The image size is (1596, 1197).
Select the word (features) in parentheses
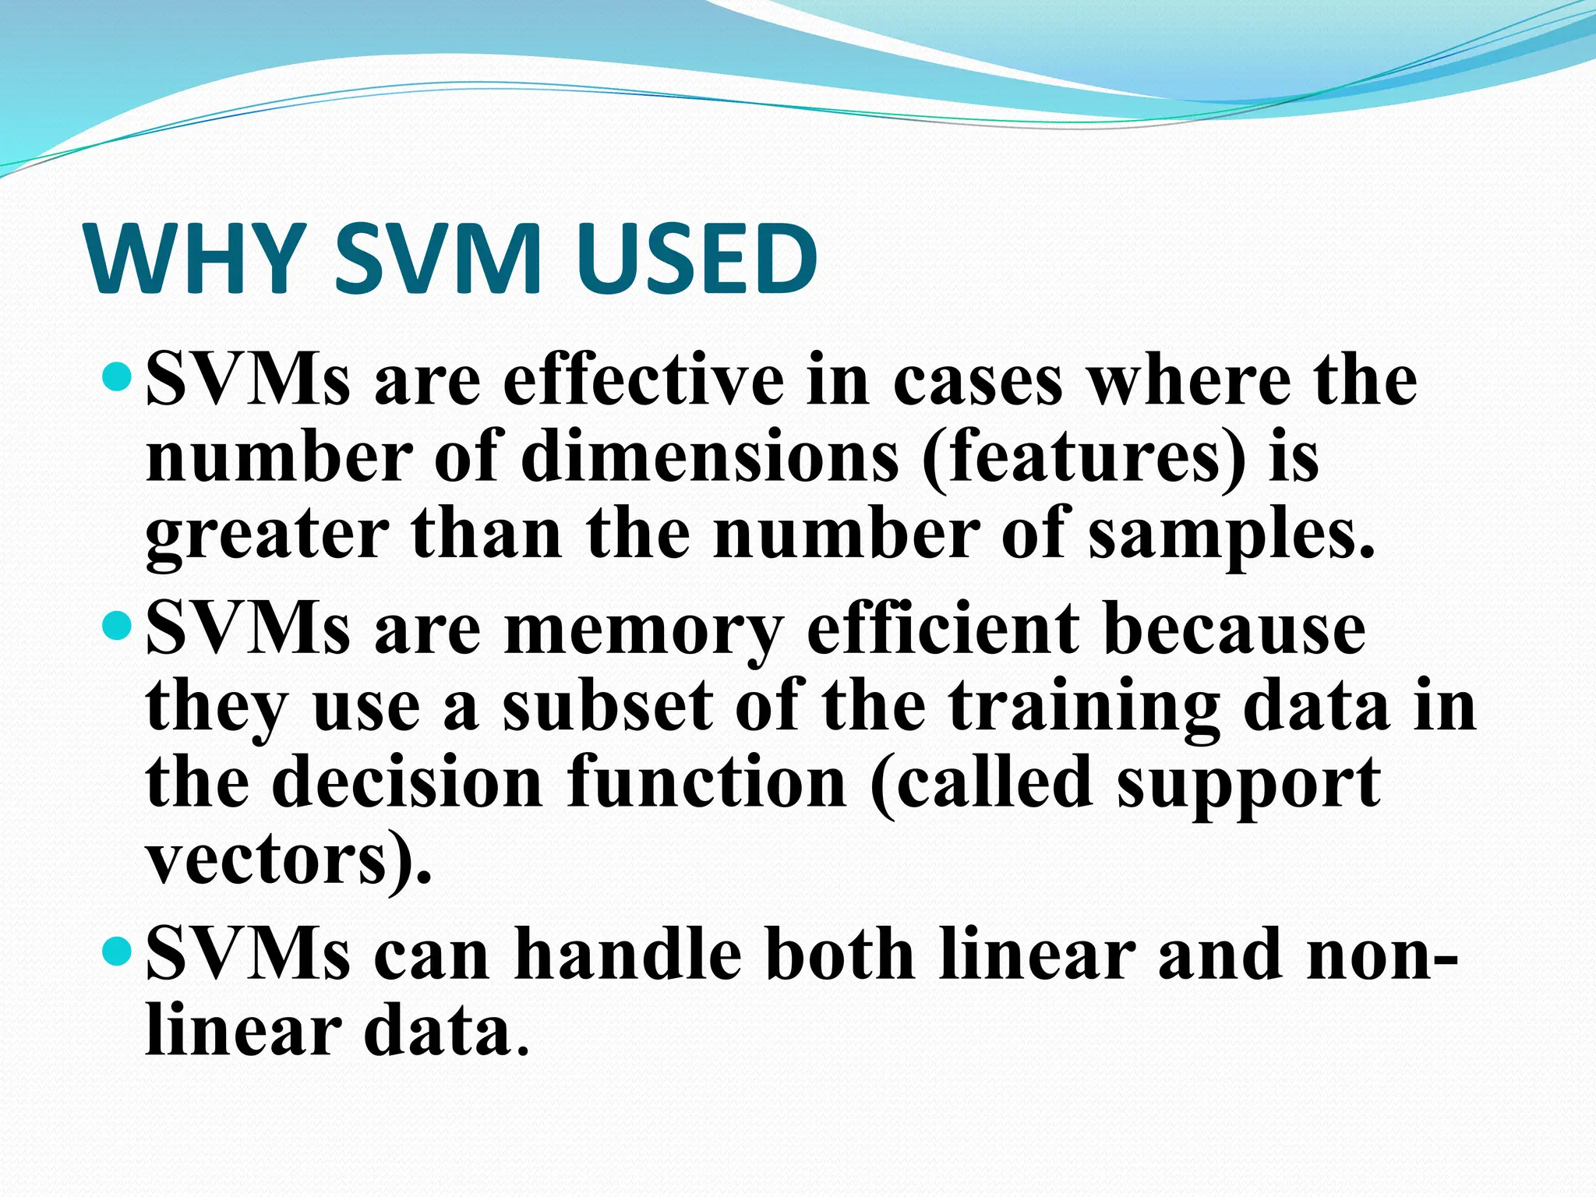1083,458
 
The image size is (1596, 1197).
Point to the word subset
606,704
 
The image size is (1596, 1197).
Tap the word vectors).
288,860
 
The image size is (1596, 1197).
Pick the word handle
627,954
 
